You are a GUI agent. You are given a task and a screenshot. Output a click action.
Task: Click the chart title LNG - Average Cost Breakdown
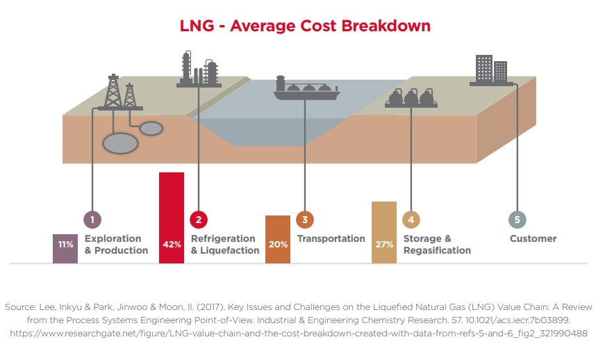click(x=306, y=26)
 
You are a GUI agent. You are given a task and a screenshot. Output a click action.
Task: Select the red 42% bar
click(x=172, y=218)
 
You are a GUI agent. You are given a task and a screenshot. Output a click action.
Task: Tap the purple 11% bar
click(x=65, y=248)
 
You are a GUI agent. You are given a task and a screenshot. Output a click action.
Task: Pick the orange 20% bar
click(x=278, y=239)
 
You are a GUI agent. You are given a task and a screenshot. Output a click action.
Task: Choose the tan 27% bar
click(x=384, y=232)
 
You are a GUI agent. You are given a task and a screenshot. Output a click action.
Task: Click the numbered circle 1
click(x=92, y=220)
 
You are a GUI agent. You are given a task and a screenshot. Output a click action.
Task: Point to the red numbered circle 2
click(x=199, y=220)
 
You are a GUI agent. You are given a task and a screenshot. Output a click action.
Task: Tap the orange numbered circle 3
click(x=304, y=220)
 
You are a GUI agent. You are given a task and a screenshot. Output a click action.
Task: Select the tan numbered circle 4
click(x=411, y=220)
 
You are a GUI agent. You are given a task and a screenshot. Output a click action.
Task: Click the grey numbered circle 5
click(x=517, y=220)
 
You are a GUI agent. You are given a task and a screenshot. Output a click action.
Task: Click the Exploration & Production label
click(x=116, y=245)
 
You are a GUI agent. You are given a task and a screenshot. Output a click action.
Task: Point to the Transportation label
click(x=331, y=238)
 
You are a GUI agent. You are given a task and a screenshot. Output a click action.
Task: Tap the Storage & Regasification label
click(x=437, y=245)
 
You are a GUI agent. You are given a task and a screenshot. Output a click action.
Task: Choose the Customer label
click(x=533, y=238)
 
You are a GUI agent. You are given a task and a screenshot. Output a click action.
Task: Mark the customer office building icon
click(x=491, y=70)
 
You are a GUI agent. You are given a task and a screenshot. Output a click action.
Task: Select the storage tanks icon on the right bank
click(x=411, y=99)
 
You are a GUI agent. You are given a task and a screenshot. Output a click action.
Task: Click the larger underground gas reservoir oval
click(x=120, y=143)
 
